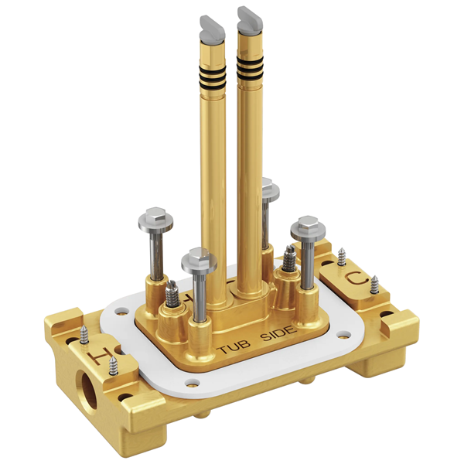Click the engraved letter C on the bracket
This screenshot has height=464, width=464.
(x=357, y=279)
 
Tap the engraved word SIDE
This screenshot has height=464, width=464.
(x=278, y=333)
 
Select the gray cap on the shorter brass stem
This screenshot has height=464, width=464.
(x=212, y=29)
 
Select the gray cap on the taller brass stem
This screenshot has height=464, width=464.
(x=250, y=19)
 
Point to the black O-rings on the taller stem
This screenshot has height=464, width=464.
(x=250, y=68)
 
